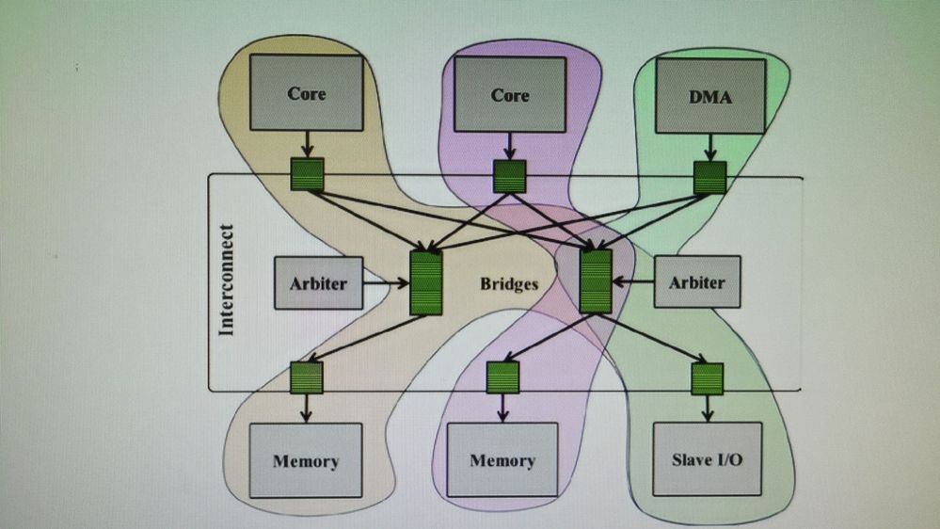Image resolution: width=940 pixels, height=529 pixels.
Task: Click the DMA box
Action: tap(710, 94)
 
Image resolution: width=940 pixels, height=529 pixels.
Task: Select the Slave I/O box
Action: tap(707, 459)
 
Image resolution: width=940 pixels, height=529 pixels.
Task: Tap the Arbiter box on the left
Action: tap(318, 281)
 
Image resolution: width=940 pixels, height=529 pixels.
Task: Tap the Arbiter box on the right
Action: tap(696, 281)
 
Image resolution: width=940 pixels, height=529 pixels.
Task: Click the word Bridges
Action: tap(509, 282)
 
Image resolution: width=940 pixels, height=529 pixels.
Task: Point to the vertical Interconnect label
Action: tap(226, 280)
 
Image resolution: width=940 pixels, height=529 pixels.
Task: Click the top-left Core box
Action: tap(306, 92)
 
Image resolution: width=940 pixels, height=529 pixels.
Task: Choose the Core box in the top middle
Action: tap(510, 94)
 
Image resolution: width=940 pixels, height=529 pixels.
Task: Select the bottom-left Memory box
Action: tap(306, 460)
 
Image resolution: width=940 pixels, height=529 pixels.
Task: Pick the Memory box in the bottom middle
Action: tap(502, 460)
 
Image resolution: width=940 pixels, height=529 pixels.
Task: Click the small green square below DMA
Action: tap(709, 176)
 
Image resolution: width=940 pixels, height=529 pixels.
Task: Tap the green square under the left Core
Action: tap(306, 174)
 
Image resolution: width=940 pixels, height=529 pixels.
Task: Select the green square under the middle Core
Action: tap(510, 176)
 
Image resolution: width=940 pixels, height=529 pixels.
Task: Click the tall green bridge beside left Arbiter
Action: tap(426, 282)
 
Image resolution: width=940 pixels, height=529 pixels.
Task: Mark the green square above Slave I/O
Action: tap(707, 378)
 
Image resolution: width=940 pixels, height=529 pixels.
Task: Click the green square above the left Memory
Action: tap(306, 377)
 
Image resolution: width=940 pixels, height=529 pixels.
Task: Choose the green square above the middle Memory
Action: tap(502, 378)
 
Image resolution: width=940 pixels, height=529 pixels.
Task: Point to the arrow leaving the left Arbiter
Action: tap(386, 281)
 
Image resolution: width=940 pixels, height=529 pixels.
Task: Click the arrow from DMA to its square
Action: tap(709, 146)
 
